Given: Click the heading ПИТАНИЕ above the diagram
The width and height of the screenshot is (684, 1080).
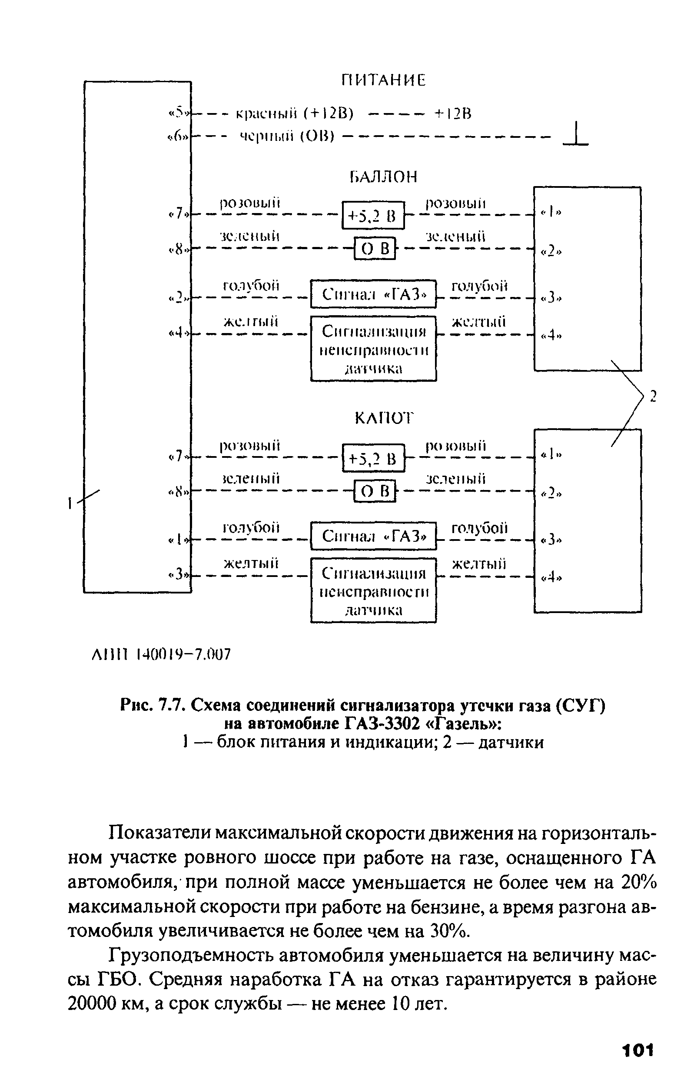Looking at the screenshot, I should coord(383,80).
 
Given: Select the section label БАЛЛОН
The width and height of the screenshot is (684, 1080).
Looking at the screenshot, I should coord(383,177).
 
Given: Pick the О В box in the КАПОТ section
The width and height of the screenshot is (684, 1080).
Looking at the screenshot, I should coord(375,491).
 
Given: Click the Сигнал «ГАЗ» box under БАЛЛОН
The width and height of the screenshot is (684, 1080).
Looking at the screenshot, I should coord(373,294).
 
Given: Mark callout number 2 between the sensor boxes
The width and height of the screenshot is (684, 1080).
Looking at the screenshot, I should coord(653,397).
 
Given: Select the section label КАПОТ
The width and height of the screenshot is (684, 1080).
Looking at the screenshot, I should coord(383,418).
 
